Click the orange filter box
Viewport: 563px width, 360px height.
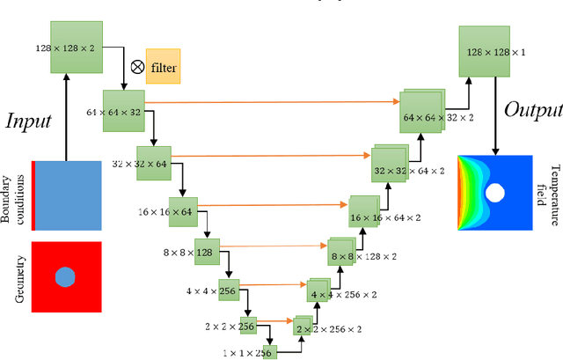click(x=162, y=65)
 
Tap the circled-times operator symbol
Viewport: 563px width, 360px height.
click(x=136, y=66)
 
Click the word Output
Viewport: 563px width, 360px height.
click(x=532, y=110)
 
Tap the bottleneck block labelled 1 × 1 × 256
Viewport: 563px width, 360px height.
click(x=266, y=351)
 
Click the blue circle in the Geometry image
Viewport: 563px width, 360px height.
click(x=65, y=278)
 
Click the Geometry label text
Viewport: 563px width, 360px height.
click(x=20, y=278)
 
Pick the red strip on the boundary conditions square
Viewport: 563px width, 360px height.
click(x=33, y=195)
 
